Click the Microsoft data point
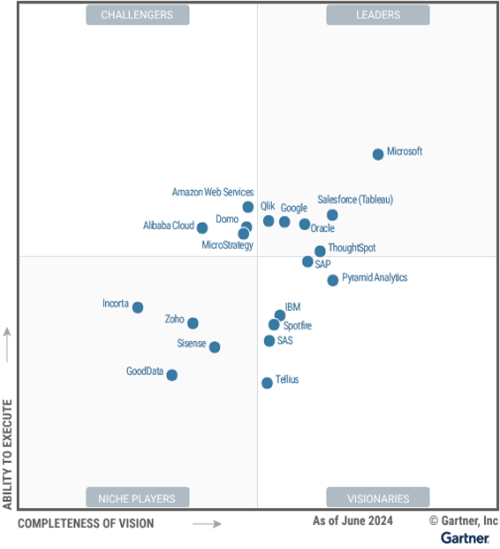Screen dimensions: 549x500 click(378, 154)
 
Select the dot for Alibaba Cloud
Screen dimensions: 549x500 click(202, 228)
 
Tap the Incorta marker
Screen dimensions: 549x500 click(137, 307)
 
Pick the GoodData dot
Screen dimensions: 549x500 click(172, 375)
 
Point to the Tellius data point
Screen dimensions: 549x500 click(267, 382)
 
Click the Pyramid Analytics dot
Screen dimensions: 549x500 click(333, 280)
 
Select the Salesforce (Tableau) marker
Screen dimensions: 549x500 click(332, 215)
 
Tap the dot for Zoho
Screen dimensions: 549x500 click(193, 323)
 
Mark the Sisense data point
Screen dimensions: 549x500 click(214, 347)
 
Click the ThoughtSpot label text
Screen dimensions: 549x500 click(351, 248)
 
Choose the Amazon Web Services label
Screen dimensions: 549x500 click(213, 192)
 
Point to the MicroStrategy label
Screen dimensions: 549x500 click(227, 245)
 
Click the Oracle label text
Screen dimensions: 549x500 click(322, 229)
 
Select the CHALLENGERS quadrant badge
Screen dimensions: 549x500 click(137, 15)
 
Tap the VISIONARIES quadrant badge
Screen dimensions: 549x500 click(378, 499)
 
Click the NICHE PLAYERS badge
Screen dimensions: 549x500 click(137, 499)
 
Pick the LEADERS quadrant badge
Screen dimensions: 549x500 click(378, 15)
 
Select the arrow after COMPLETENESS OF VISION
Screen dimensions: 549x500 click(207, 524)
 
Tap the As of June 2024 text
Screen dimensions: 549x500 click(352, 521)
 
